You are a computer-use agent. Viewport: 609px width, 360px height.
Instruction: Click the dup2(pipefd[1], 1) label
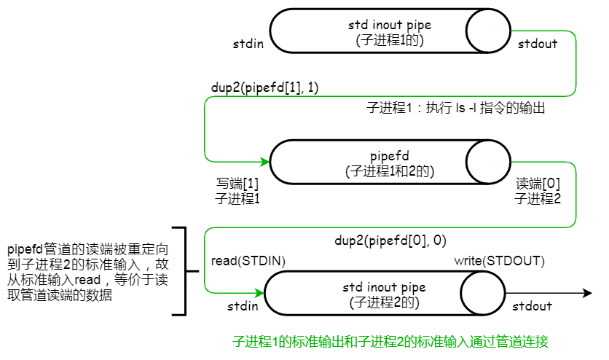click(264, 87)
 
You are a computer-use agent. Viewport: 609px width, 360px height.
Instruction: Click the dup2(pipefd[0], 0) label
click(390, 239)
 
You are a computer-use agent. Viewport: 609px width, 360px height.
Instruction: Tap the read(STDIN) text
click(248, 260)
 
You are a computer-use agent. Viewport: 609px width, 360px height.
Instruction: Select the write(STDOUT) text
click(500, 260)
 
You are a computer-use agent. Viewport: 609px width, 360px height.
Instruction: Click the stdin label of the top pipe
click(248, 44)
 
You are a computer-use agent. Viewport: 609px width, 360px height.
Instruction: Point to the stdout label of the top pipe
click(538, 44)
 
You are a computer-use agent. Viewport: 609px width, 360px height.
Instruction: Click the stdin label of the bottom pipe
click(243, 306)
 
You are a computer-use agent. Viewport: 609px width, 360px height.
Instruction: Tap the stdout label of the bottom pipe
click(532, 306)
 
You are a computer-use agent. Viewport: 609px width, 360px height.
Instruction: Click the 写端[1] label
click(237, 184)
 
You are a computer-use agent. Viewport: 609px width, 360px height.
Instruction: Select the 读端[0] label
click(538, 184)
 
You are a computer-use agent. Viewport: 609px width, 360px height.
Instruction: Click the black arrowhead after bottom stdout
click(586, 293)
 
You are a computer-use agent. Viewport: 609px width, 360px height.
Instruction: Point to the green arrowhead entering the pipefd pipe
click(265, 161)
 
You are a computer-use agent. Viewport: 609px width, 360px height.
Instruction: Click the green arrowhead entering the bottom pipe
click(260, 293)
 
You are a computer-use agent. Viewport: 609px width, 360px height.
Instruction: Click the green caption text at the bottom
click(390, 341)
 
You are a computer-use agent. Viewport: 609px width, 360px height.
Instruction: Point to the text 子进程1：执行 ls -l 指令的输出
click(455, 109)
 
